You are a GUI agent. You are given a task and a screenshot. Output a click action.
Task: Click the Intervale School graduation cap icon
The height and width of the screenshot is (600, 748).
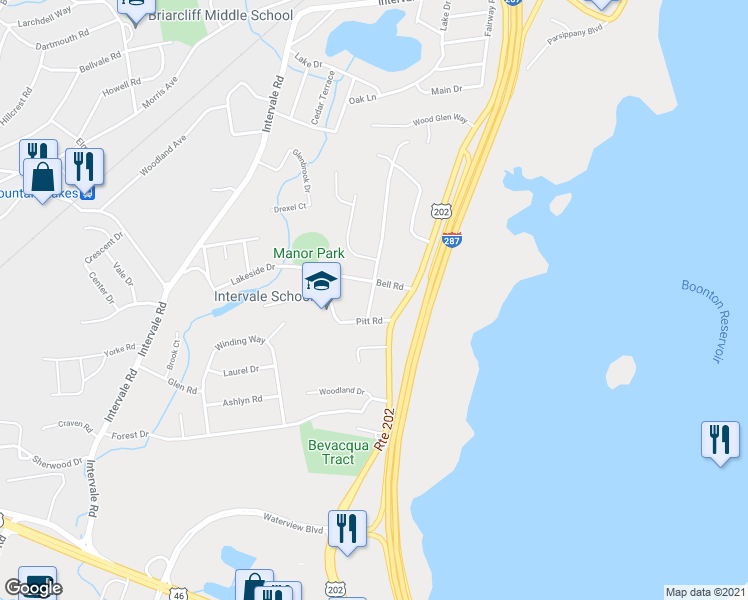point(322,282)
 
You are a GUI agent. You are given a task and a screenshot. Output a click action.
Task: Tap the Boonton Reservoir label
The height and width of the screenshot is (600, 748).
point(708,320)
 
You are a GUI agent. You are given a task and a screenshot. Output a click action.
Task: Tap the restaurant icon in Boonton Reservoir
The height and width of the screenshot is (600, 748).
point(720,440)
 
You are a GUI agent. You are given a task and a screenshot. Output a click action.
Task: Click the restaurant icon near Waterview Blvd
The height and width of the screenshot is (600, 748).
point(347,528)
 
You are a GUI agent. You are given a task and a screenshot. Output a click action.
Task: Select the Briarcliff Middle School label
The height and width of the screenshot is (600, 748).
point(221,15)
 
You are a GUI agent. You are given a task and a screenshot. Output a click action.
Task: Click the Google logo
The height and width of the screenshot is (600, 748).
point(33,588)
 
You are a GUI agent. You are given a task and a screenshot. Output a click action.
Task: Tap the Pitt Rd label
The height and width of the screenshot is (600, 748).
point(371,321)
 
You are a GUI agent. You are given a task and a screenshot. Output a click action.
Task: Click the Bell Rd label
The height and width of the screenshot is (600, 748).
point(389,286)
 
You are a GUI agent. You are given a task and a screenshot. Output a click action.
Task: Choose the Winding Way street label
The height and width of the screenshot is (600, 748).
point(240,341)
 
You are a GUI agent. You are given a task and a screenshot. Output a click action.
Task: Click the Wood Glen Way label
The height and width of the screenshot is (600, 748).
point(441,120)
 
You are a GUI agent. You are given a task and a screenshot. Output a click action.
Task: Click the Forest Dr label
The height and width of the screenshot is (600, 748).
point(130,435)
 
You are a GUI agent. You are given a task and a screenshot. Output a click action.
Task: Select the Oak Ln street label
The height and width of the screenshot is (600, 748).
point(362,99)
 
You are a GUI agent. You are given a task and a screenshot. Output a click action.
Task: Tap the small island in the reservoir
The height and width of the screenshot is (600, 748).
point(621,372)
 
